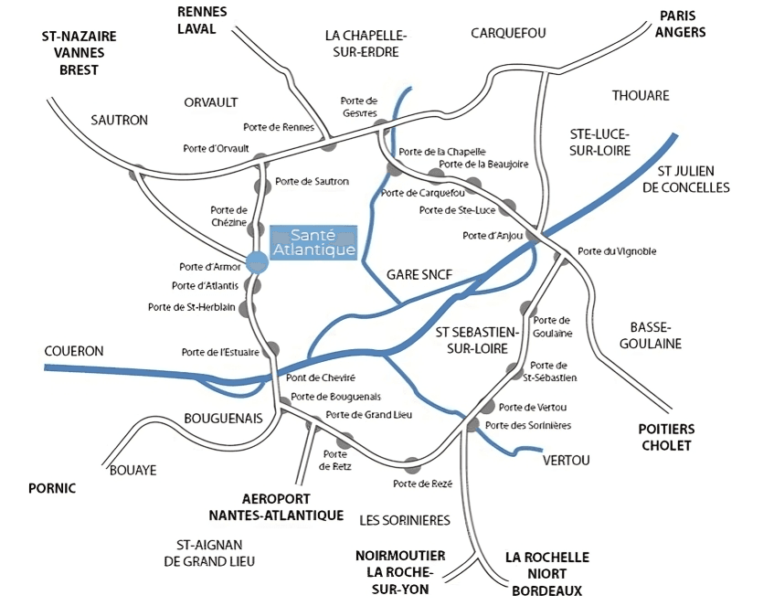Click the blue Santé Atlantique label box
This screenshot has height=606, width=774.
tap(313, 242)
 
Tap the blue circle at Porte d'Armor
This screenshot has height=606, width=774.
tap(257, 262)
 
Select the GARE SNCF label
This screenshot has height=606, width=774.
tap(419, 274)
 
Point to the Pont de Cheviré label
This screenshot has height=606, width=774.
tap(321, 377)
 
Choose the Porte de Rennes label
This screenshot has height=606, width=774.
tap(279, 127)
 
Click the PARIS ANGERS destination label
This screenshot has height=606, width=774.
tap(681, 25)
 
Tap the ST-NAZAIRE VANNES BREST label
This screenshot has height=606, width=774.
tap(80, 53)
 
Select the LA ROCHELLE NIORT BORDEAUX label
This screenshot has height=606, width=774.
tap(546, 574)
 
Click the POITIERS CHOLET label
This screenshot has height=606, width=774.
tap(666, 437)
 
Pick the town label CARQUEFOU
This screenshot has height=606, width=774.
tap(508, 33)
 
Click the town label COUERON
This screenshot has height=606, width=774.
tap(74, 351)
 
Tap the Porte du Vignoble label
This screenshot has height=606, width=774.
tap(617, 251)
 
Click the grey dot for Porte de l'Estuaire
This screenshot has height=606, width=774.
tap(272, 350)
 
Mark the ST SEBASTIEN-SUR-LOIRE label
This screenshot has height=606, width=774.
tap(476, 338)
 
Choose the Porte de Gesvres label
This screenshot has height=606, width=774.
tap(358, 106)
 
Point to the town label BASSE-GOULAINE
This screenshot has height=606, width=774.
tap(651, 335)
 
